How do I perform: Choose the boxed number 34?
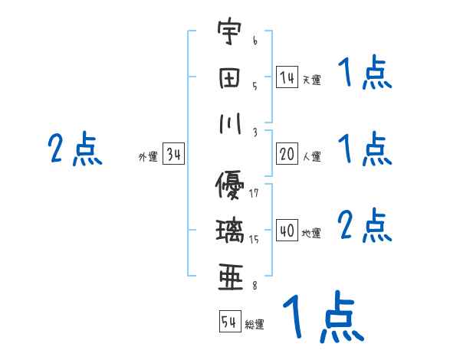[174, 154]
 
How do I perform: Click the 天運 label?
[311, 80]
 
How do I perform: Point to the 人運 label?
[311, 156]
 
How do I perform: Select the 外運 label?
[148, 157]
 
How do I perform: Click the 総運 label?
[255, 325]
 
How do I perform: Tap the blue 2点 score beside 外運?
[74, 149]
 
